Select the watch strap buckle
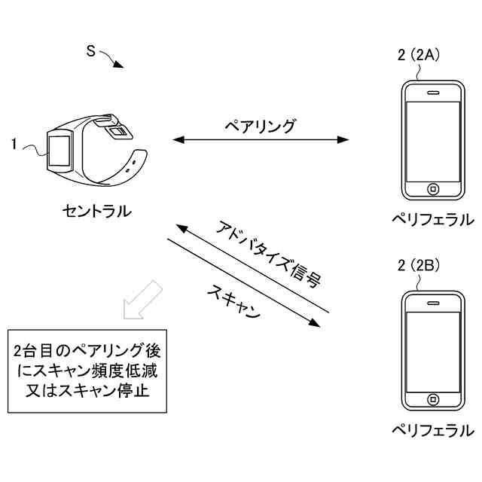(x=119, y=132)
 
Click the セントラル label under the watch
(x=96, y=212)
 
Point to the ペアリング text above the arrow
(x=261, y=125)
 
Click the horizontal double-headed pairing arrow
(x=261, y=139)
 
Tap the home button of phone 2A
(x=433, y=188)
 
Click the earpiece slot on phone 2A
(x=433, y=93)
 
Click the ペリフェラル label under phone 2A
(x=432, y=219)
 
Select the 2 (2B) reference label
(x=418, y=266)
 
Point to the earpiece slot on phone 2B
(x=433, y=304)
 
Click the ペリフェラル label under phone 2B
(x=432, y=430)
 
